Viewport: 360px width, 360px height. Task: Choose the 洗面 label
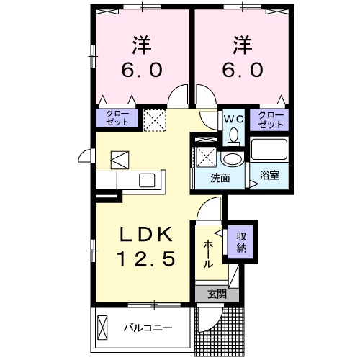coord(220,177)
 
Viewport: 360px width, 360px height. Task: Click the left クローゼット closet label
coord(117,118)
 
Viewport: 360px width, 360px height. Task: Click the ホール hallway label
coord(207,254)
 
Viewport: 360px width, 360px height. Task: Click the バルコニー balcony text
coord(147,328)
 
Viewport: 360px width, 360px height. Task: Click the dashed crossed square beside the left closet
coord(154,120)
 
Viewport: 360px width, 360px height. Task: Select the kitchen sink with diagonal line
coord(120,158)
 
